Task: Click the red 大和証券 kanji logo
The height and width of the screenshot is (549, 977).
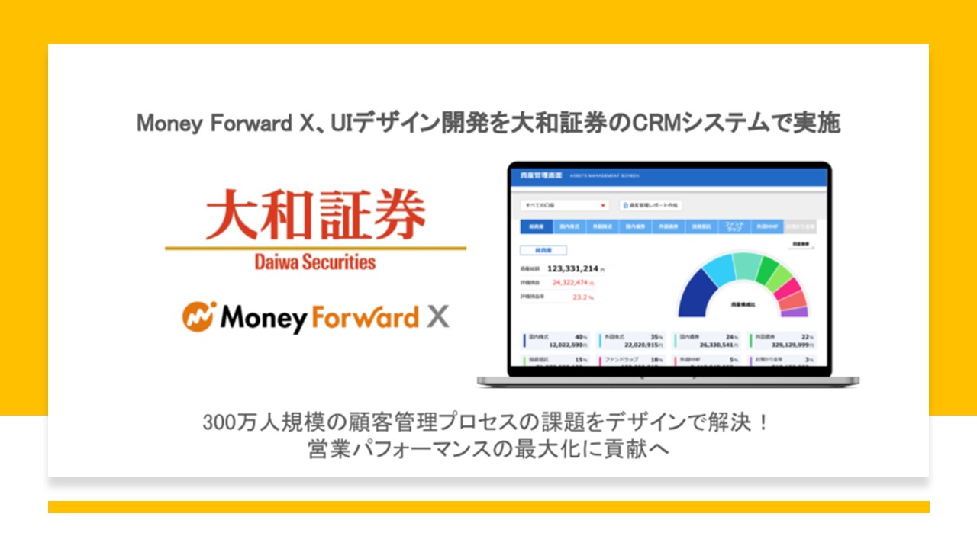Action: click(315, 217)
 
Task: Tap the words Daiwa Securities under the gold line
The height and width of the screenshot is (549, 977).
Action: click(315, 262)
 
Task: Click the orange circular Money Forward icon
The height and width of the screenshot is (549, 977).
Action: click(199, 316)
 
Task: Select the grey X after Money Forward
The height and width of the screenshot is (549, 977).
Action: click(437, 316)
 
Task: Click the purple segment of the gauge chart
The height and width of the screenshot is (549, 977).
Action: click(794, 312)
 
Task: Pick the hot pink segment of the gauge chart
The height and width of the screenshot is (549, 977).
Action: click(788, 288)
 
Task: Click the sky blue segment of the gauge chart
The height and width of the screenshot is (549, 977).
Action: click(718, 267)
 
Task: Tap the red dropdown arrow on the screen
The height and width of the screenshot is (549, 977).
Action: click(603, 205)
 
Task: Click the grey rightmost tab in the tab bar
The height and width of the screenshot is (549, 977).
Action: click(799, 226)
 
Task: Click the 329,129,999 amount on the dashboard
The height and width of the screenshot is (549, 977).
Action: click(791, 345)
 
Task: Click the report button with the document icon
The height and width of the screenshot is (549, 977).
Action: click(650, 205)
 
